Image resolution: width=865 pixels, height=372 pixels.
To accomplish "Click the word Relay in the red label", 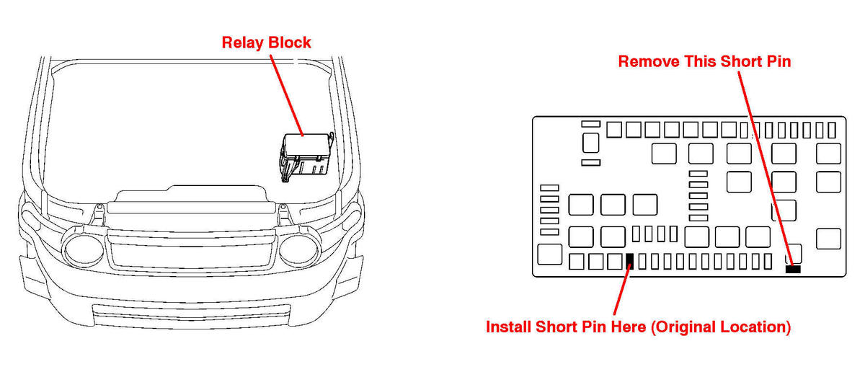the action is [x=243, y=43].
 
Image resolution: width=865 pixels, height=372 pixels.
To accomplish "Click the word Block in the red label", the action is [x=290, y=43].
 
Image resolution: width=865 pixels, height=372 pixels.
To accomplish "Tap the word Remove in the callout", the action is [x=649, y=61].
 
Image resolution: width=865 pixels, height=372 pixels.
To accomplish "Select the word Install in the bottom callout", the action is [x=508, y=327].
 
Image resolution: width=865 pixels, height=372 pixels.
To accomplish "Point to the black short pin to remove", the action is [x=793, y=269].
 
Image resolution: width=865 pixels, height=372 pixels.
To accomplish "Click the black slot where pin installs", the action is [x=630, y=261].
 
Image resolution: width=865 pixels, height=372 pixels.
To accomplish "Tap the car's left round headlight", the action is [x=84, y=250].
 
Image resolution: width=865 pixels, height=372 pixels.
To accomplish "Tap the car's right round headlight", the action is [x=299, y=250].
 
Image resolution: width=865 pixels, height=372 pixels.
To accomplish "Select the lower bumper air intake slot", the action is [x=191, y=316].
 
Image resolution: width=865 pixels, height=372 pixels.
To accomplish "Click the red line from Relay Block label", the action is [x=287, y=95].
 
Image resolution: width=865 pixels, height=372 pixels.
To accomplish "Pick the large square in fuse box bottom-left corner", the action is [x=549, y=254].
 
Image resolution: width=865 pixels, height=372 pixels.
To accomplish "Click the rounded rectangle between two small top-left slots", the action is [x=591, y=143].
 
